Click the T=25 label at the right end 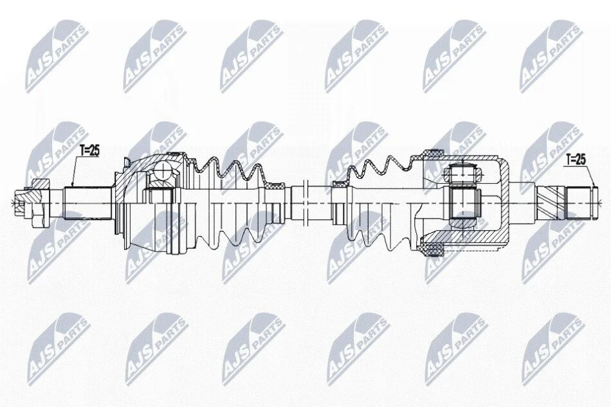576,159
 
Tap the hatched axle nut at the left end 39,202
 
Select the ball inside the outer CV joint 163,169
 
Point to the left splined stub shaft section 87,203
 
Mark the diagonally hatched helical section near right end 550,203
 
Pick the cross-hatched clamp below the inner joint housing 432,249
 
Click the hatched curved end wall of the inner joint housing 505,203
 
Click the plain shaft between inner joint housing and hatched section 524,203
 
